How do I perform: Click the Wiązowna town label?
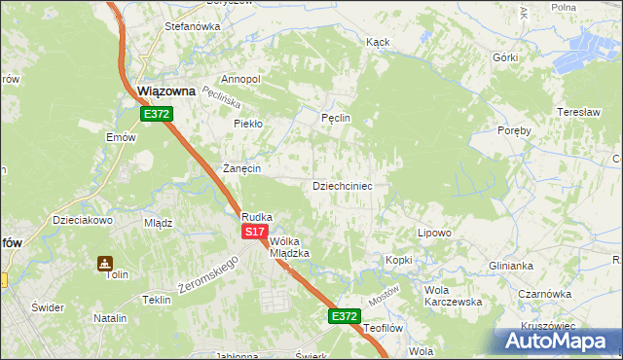point(166,91)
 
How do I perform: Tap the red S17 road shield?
point(254,232)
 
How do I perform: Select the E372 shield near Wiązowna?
point(156,114)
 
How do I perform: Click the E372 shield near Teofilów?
point(344,316)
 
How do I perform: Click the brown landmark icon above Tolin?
point(104,263)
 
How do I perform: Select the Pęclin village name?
point(335,119)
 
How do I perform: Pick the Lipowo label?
point(434,234)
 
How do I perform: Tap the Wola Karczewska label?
point(453,296)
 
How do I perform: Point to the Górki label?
point(505,57)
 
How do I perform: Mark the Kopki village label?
point(399,260)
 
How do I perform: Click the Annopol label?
point(240,79)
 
